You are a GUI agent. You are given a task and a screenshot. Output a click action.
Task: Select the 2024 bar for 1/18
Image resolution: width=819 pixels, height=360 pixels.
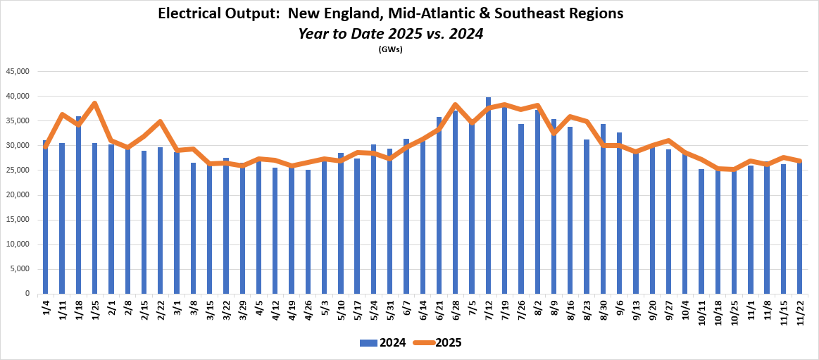[78, 205]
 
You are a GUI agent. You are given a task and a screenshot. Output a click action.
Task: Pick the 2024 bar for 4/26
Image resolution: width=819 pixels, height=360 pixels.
[308, 232]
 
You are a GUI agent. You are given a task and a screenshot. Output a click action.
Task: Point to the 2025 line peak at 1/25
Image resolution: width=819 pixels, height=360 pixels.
[95, 104]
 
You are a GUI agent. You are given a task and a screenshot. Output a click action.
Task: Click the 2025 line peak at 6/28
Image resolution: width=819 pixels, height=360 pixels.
[456, 105]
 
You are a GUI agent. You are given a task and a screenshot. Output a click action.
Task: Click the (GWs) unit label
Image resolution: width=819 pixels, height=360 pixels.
[390, 49]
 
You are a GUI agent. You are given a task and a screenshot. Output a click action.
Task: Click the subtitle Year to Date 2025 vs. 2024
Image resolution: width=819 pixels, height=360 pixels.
[390, 33]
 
